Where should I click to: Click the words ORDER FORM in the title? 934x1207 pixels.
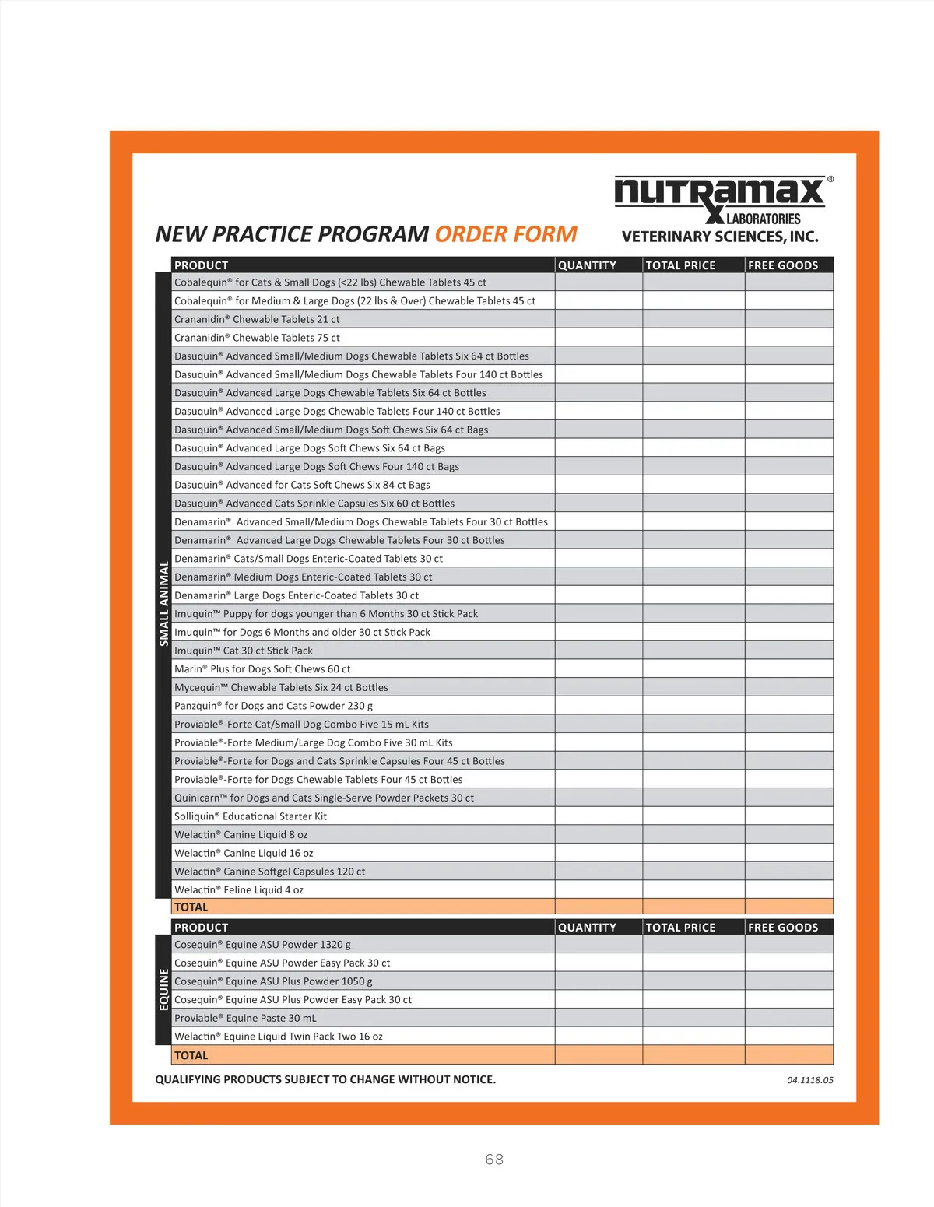tap(506, 234)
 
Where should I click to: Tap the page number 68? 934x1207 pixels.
tap(494, 1160)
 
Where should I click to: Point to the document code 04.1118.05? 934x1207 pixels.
tap(809, 1080)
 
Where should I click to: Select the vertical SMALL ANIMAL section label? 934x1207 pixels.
tap(163, 603)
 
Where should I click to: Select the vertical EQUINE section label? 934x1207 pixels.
tap(163, 989)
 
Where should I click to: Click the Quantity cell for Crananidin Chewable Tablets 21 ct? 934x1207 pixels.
tap(599, 319)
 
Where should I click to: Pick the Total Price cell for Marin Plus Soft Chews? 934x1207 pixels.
tap(693, 669)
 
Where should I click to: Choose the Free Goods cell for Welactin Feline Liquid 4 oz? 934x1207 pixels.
tap(788, 889)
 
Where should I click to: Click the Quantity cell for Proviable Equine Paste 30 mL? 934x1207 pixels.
tap(599, 1018)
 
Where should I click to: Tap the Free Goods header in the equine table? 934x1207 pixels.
tap(783, 928)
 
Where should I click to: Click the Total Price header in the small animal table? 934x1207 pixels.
tap(680, 265)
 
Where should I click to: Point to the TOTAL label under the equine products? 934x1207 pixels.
tap(191, 1055)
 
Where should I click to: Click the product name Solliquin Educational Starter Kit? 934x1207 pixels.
tap(251, 816)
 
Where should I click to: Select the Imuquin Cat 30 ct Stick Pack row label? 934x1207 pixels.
tap(244, 651)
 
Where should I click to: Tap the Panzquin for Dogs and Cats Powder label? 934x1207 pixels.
tap(273, 706)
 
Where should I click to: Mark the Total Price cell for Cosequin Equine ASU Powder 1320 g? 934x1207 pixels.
tap(693, 945)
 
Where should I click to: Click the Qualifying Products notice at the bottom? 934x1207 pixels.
tap(325, 1079)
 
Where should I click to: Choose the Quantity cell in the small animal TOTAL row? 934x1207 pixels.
tap(599, 907)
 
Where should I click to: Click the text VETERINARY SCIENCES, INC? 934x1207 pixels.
tap(720, 237)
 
